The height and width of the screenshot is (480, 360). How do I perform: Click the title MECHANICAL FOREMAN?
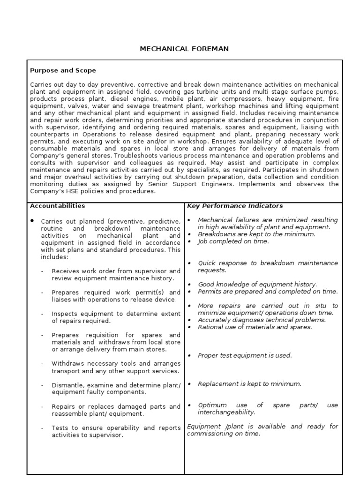184,49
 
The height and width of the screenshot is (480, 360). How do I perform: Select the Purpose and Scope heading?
63,70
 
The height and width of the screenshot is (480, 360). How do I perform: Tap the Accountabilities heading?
57,205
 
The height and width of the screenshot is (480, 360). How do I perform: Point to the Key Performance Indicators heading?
235,205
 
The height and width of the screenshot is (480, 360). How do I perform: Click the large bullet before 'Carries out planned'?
32,220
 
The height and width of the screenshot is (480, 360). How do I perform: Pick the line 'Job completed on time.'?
233,241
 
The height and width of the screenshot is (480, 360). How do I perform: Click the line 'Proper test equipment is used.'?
245,355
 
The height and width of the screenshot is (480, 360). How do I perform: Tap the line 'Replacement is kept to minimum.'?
249,383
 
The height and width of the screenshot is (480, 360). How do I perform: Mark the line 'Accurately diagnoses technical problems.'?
262,320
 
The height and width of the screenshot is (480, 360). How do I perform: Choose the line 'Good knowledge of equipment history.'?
257,284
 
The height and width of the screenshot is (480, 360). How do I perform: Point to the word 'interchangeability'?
227,412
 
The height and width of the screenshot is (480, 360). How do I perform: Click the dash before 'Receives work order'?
42,271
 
